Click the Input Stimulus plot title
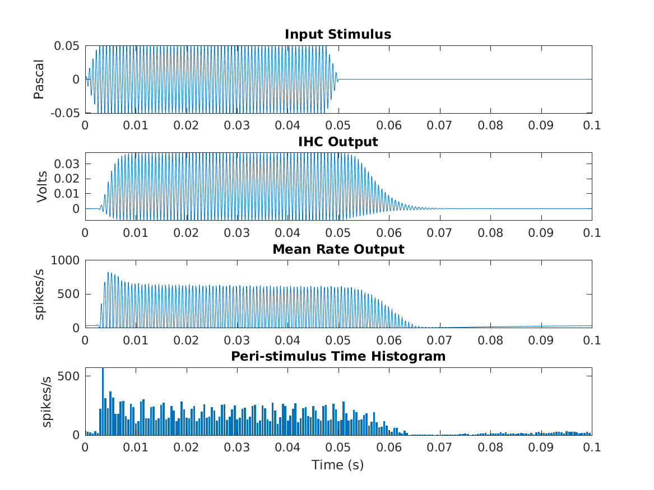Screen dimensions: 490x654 [337, 34]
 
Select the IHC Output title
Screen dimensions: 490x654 [337, 142]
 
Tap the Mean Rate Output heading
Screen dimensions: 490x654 [338, 249]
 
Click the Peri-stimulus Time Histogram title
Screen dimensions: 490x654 [338, 356]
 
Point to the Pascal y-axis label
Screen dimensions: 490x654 [39, 80]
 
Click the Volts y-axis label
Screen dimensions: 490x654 [42, 186]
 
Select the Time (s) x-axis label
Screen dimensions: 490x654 [338, 465]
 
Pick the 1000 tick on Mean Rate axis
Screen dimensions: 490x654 [67, 260]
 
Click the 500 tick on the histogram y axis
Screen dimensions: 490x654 [71, 376]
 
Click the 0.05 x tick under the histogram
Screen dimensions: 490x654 [338, 447]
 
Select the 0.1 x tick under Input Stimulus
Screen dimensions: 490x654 [592, 125]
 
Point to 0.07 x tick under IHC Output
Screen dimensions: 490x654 [440, 232]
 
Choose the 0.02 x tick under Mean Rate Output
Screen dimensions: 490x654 [186, 340]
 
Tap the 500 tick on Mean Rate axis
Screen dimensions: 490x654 [71, 295]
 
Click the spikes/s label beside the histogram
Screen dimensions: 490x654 [47, 402]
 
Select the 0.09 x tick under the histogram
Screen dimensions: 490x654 [541, 447]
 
